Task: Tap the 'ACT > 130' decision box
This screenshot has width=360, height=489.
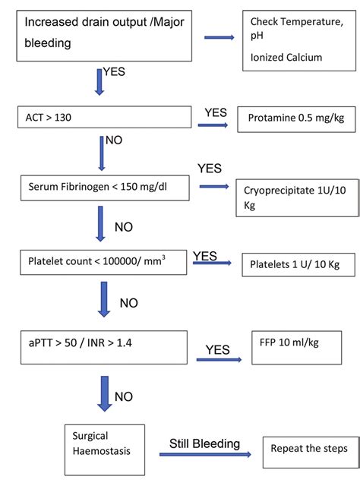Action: (105, 117)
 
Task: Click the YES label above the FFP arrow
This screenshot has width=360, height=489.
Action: (218, 350)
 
